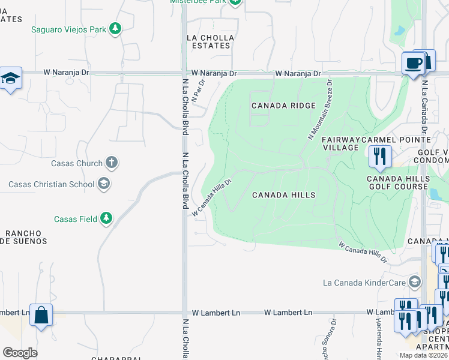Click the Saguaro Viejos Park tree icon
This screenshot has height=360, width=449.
point(115,28)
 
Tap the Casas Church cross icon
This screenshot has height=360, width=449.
point(111,163)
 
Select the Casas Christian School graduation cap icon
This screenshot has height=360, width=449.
point(104,184)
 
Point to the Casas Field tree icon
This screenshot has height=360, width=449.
point(106,218)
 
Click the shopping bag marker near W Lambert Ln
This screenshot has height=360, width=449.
point(41,316)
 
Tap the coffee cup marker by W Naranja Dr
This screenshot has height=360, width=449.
point(414,63)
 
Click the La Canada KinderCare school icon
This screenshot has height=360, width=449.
point(414,282)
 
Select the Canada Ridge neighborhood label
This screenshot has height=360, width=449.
point(283,106)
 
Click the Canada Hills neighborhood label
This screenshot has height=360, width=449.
point(283,195)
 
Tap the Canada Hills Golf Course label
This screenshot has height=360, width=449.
point(398,182)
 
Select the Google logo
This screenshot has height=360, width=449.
point(20,352)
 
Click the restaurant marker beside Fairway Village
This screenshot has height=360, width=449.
point(379,157)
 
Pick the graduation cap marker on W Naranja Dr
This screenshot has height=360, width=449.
point(11,78)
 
